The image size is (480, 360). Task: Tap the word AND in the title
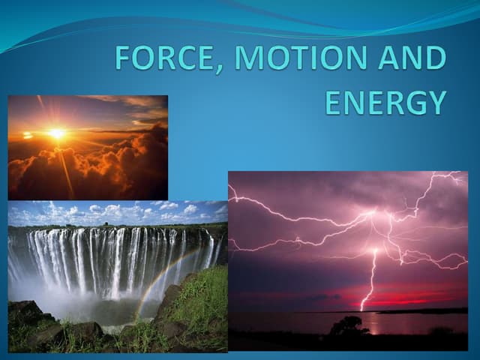412,58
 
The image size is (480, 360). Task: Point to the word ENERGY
385,102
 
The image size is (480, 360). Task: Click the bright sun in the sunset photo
56,133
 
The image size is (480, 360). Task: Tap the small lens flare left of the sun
28,136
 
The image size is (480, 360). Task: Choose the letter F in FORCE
122,58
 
